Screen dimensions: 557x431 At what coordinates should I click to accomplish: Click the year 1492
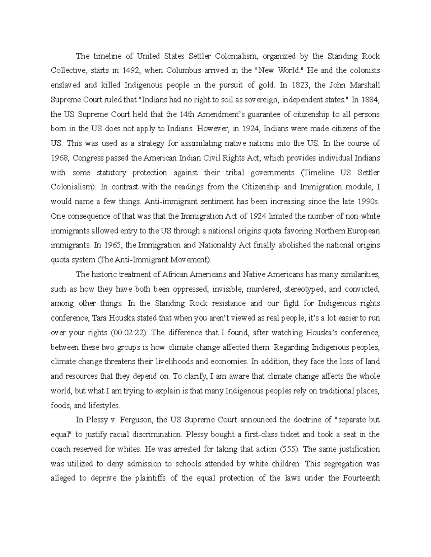click(131, 71)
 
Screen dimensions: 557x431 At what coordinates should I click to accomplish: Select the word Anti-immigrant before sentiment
click(167, 202)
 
